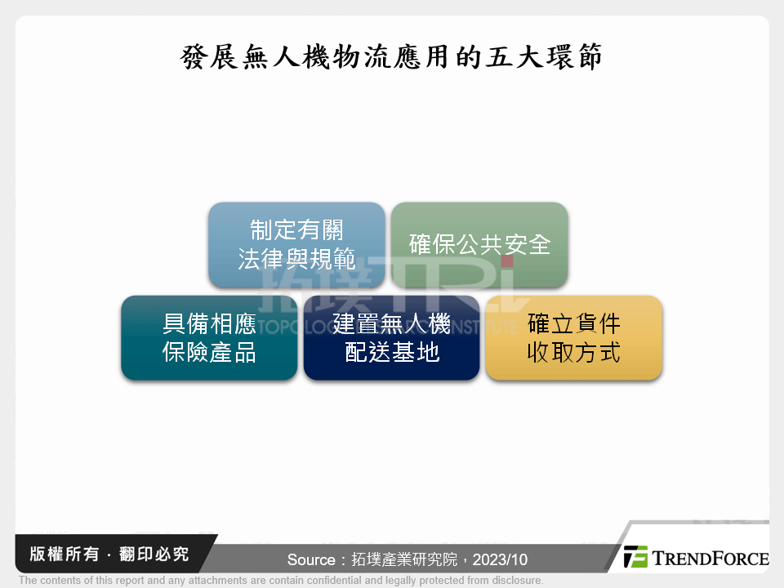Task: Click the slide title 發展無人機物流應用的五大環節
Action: click(391, 58)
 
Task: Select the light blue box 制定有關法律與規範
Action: click(296, 244)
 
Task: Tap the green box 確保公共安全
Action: click(479, 244)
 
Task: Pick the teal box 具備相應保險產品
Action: click(209, 337)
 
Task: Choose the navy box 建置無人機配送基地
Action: click(391, 337)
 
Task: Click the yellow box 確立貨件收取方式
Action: click(573, 337)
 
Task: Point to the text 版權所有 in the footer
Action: click(58, 555)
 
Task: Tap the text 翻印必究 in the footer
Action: click(156, 555)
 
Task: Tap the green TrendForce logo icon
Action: click(635, 557)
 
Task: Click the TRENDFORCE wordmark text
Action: click(710, 559)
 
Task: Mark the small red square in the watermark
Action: click(506, 261)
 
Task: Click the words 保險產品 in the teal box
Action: click(209, 353)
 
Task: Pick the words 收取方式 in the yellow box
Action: click(573, 353)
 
